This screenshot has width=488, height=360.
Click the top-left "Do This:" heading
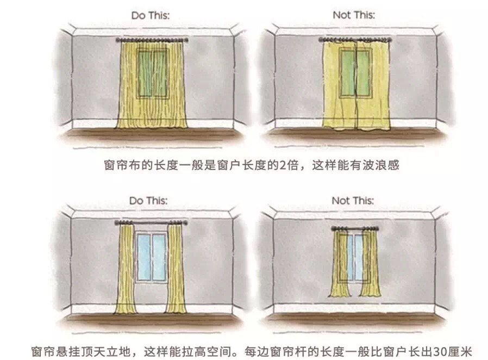tap(151, 16)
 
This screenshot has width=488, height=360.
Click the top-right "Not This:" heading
tap(354, 15)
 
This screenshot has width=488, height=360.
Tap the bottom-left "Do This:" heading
tap(148, 201)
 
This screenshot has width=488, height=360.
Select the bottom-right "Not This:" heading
tap(353, 201)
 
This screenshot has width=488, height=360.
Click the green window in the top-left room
tap(153, 73)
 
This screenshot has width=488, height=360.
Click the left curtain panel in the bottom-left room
tap(125, 269)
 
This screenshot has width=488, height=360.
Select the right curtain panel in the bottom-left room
tap(176, 269)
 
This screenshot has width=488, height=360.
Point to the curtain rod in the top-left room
tap(152, 40)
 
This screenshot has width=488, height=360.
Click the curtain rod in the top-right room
tap(355, 40)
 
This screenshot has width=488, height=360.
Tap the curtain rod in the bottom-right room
tap(355, 229)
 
